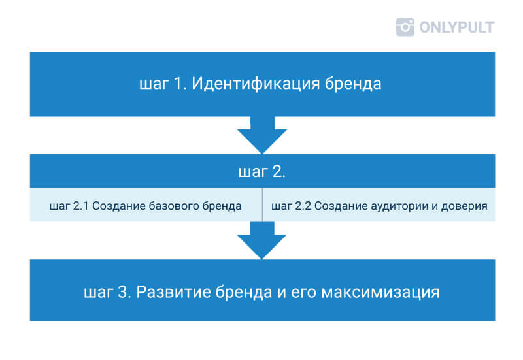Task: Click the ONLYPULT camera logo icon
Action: click(x=405, y=27)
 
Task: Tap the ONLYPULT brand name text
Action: click(x=456, y=27)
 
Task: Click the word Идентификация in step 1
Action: click(x=256, y=84)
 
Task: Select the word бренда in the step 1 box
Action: click(x=353, y=84)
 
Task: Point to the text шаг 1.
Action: click(x=162, y=84)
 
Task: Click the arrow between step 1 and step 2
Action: click(x=262, y=135)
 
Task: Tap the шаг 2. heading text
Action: click(x=262, y=172)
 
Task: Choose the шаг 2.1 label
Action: click(x=69, y=206)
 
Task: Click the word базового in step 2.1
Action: click(x=173, y=206)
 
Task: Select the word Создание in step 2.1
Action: click(x=119, y=206)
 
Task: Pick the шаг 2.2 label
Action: click(x=291, y=206)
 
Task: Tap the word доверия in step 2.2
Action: click(x=464, y=206)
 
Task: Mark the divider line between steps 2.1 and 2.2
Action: click(x=262, y=205)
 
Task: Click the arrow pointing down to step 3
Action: click(x=262, y=240)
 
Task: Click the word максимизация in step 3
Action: click(x=380, y=292)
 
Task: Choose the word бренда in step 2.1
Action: click(x=222, y=206)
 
